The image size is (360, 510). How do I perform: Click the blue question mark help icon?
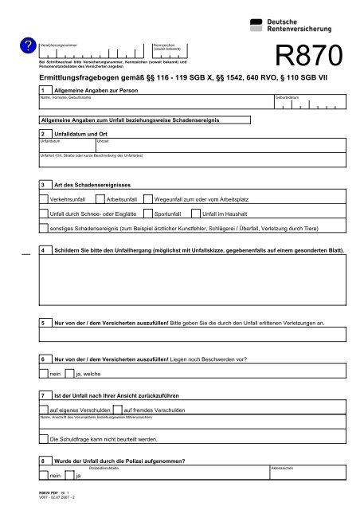click(28, 48)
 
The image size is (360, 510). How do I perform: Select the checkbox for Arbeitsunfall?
click(99, 198)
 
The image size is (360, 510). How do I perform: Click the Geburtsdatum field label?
click(288, 97)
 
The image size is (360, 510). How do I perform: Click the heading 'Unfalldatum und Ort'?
click(80, 134)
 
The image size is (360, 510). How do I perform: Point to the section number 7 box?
click(43, 395)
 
